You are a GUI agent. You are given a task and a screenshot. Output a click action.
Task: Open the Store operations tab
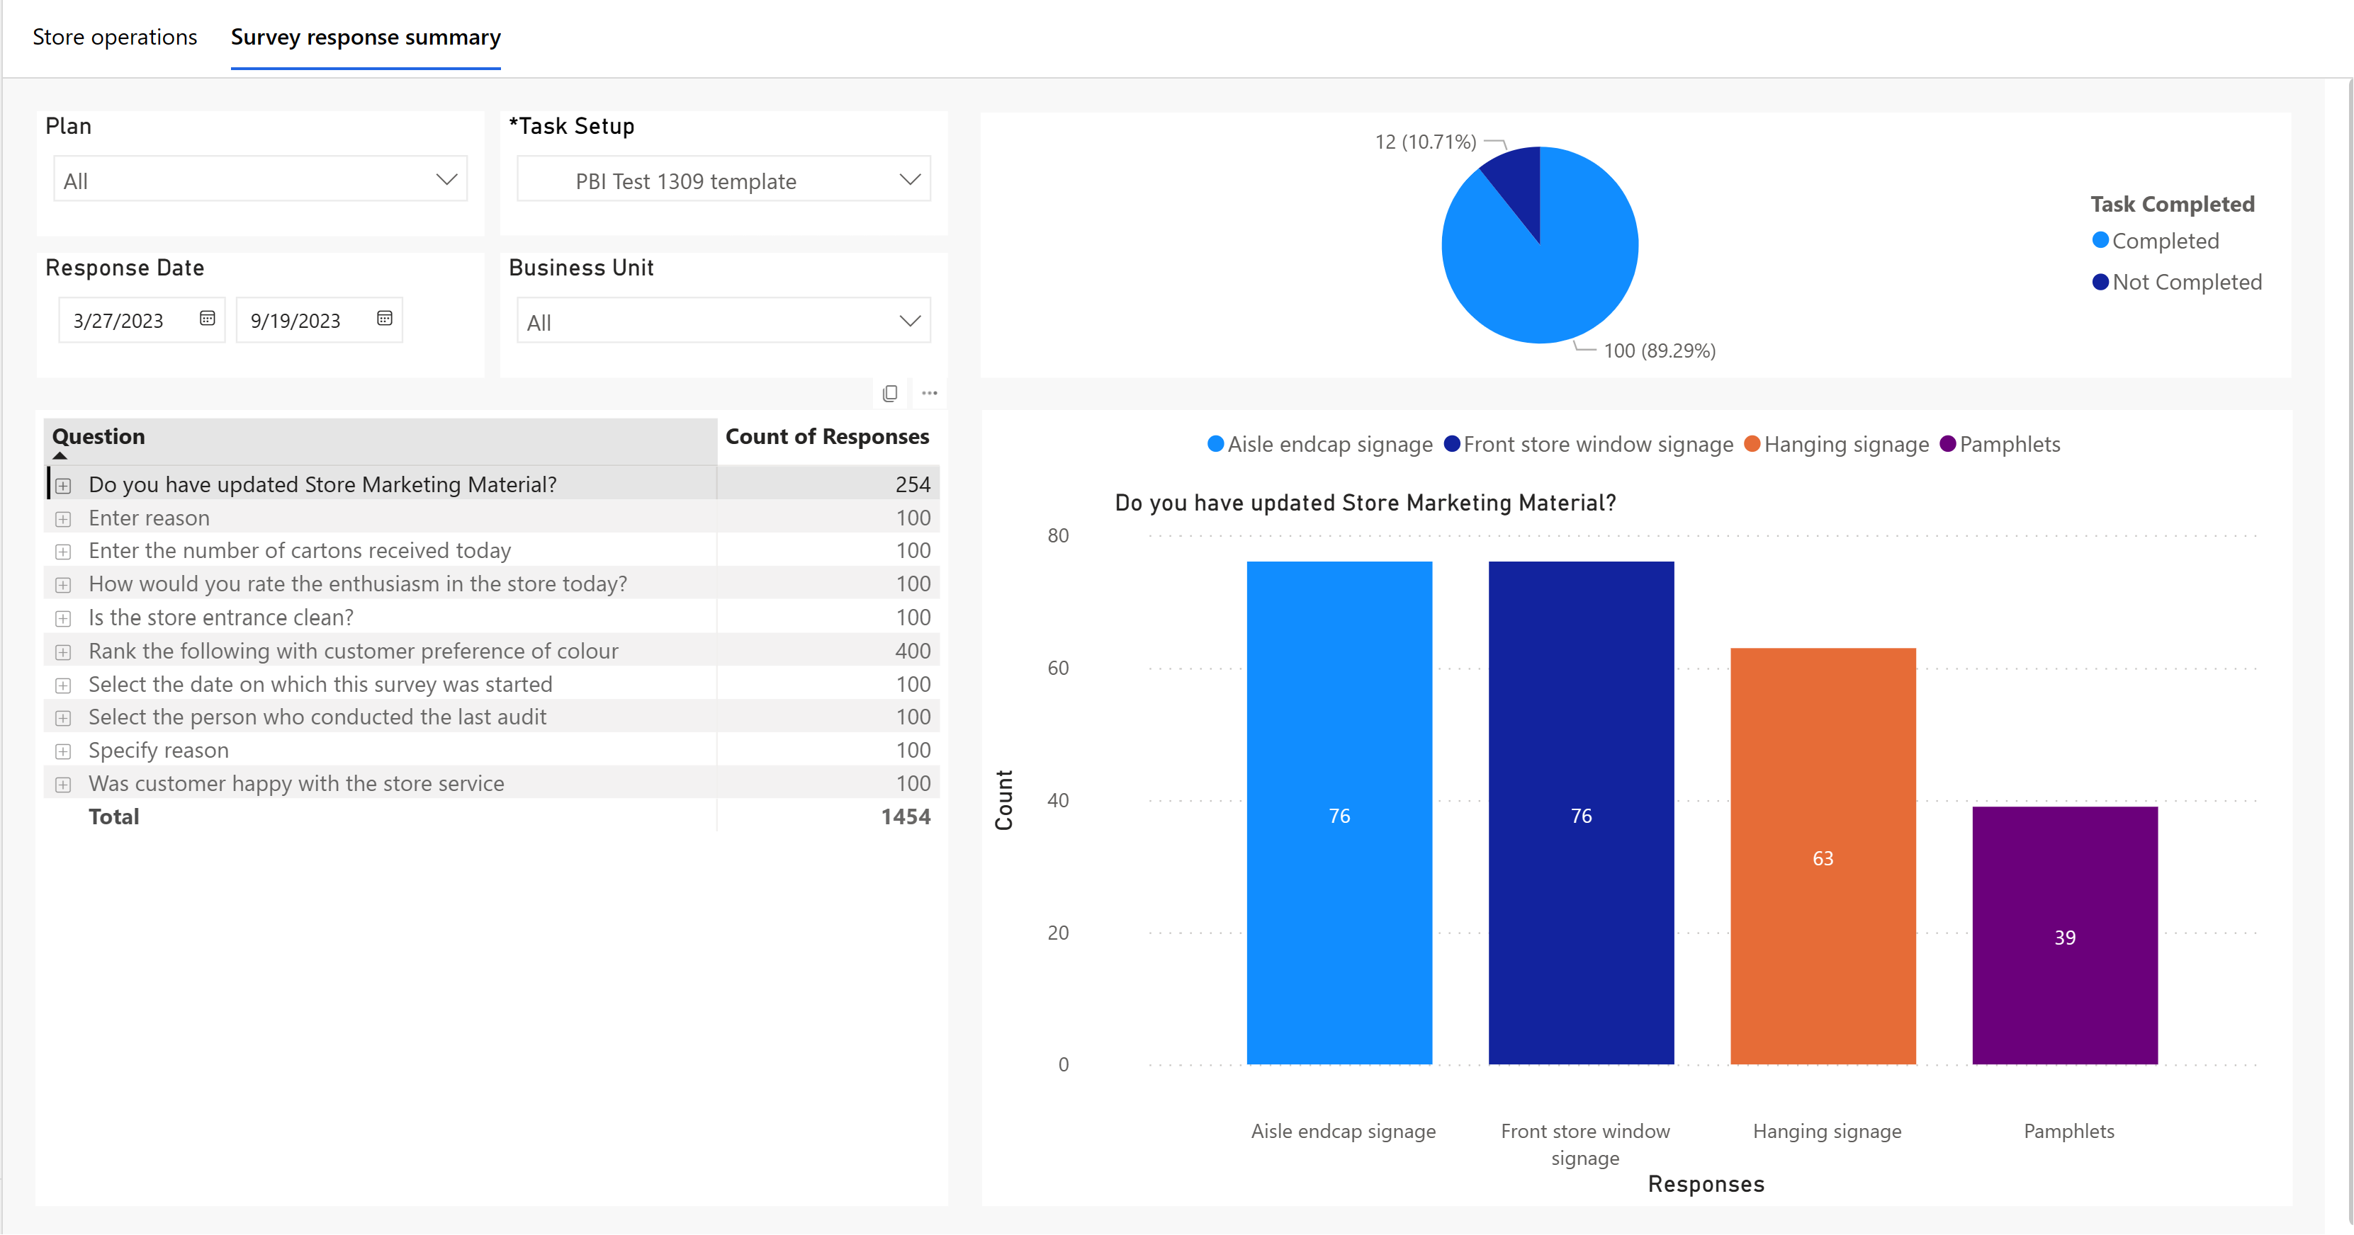115,38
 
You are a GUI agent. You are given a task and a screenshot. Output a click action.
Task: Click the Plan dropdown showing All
261,180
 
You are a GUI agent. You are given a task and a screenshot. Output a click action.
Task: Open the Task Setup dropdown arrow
909,180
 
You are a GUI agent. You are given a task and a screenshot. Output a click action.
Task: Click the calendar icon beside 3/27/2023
208,319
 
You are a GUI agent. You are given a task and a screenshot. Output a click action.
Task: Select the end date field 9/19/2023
319,319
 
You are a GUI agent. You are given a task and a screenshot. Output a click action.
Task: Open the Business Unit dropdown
723,321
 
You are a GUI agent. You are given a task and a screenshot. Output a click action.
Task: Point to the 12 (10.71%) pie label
1426,142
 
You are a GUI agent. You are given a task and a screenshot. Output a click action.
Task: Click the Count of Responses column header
827,437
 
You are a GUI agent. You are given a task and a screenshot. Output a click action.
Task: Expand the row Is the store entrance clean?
63,618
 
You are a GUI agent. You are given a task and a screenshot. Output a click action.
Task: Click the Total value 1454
906,816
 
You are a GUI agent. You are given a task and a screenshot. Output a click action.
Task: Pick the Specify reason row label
159,750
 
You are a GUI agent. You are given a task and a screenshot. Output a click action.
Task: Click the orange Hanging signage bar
1823,856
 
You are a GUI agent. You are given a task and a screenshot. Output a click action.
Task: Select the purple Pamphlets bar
2065,935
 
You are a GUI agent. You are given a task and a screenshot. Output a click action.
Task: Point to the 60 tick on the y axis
1058,668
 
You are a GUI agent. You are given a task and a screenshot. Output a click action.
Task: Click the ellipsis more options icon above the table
930,393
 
